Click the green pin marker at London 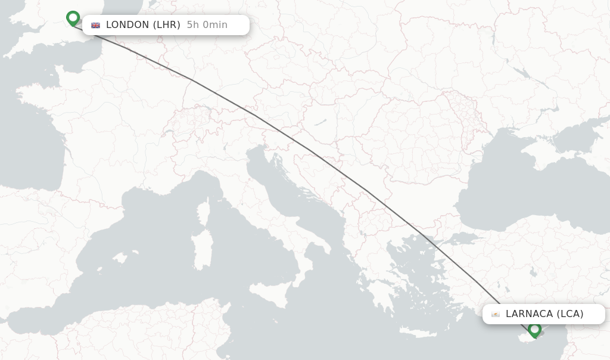point(73,18)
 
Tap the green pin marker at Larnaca point(534,328)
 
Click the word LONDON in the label point(127,25)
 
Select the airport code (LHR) point(166,25)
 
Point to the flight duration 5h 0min point(207,25)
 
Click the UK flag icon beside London point(95,25)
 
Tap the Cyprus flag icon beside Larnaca point(495,314)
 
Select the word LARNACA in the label point(529,314)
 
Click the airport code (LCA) point(570,314)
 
